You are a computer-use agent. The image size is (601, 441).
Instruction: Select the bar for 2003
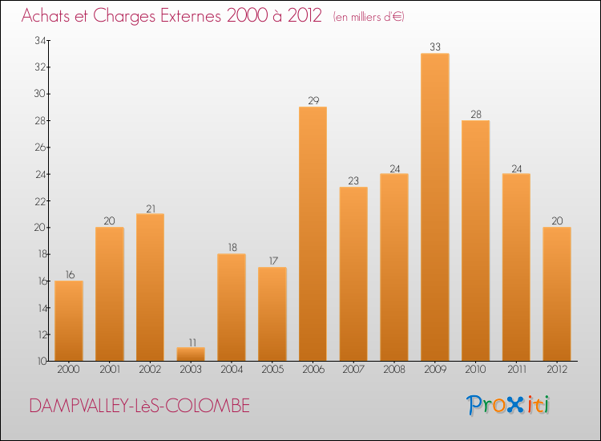tap(191, 354)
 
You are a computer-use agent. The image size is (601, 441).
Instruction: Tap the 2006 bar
tap(313, 233)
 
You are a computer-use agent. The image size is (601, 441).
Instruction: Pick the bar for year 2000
tap(69, 321)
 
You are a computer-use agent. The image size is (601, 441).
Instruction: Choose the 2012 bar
tap(556, 293)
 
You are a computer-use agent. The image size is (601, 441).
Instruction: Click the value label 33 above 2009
tap(434, 47)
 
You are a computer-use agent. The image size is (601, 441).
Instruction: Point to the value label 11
tap(191, 342)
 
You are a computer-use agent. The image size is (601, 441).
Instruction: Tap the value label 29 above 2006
tap(313, 101)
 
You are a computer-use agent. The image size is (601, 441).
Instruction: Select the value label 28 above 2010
tap(475, 115)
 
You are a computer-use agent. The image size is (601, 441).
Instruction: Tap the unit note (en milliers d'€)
tap(369, 17)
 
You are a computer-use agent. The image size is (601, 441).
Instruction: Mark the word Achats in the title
tap(47, 16)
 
